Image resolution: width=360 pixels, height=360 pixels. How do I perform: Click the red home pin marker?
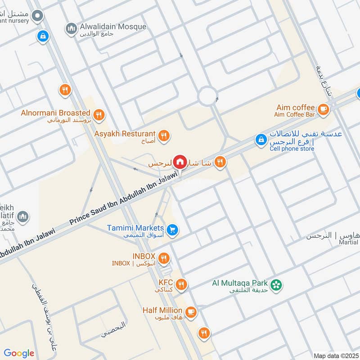click(x=180, y=162)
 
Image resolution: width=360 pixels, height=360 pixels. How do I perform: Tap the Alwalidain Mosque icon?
click(x=71, y=29)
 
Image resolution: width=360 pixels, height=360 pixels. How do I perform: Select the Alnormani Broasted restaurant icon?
click(x=99, y=115)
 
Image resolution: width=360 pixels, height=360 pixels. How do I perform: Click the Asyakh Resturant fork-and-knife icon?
click(x=163, y=135)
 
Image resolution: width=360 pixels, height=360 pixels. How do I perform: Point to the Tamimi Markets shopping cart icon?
click(x=172, y=230)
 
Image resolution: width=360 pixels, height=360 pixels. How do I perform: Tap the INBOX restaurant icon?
click(x=164, y=258)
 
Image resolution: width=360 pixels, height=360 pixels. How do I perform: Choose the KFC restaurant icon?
click(x=181, y=284)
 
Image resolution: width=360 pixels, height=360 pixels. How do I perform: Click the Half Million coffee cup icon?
click(x=191, y=311)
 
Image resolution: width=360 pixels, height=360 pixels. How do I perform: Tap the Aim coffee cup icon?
click(x=323, y=109)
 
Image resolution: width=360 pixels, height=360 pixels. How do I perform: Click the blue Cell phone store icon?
click(x=261, y=140)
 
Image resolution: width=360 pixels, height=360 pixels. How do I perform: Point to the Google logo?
click(x=19, y=353)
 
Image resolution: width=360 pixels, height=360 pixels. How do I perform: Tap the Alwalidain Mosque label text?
click(x=112, y=27)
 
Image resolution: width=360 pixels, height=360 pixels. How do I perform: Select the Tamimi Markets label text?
click(x=135, y=228)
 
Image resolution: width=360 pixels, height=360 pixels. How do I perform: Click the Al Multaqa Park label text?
click(x=240, y=283)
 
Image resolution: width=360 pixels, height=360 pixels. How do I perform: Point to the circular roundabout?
click(x=207, y=96)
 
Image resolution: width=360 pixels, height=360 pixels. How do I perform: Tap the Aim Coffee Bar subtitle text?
click(x=295, y=115)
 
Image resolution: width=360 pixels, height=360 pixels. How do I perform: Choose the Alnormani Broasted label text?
click(x=56, y=112)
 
